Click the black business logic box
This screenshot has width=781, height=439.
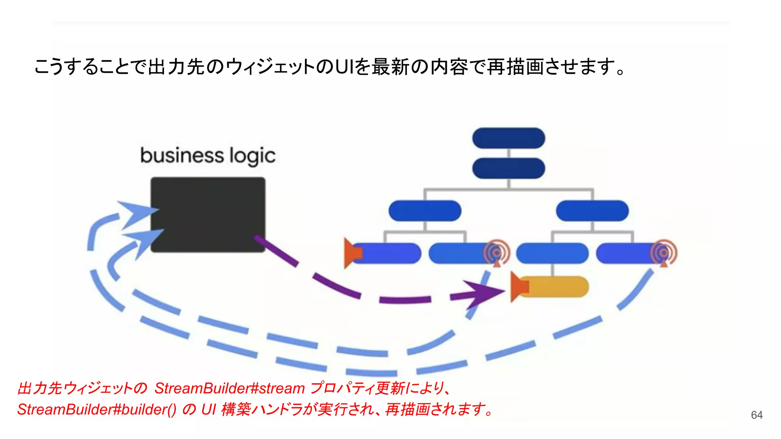click(x=208, y=214)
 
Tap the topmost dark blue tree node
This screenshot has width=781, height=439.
click(x=508, y=138)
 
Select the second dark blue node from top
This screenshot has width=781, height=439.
click(x=508, y=168)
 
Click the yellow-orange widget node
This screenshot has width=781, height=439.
click(x=555, y=287)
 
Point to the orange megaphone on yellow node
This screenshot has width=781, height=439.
click(x=519, y=287)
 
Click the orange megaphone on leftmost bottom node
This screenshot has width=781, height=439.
click(x=352, y=253)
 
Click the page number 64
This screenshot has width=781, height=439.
click(x=757, y=415)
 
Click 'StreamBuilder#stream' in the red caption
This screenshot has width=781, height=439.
click(x=229, y=388)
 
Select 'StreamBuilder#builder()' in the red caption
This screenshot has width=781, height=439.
click(x=96, y=410)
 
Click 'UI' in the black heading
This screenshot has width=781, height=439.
click(x=344, y=67)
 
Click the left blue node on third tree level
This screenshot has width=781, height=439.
click(x=425, y=211)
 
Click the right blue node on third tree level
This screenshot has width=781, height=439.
click(x=592, y=211)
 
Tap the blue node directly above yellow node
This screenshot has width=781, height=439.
click(x=552, y=253)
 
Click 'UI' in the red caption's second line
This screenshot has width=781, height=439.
click(x=209, y=410)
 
